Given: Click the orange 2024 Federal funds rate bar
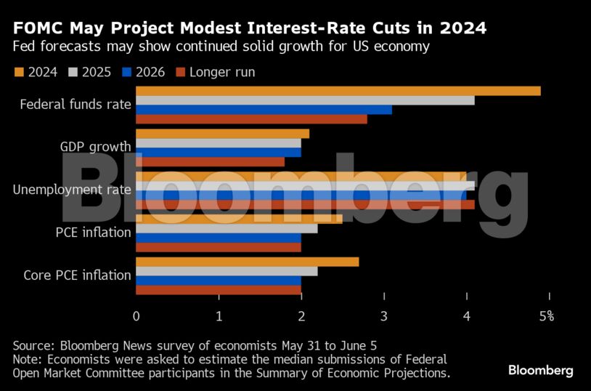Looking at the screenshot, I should [x=338, y=91].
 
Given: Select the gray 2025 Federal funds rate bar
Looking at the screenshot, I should [x=305, y=100].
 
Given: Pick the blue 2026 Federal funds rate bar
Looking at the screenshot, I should [x=264, y=110].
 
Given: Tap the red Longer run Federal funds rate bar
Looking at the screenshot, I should [x=251, y=119].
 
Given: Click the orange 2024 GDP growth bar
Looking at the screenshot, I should [x=222, y=134].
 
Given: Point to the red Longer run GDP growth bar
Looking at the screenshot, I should [x=210, y=161].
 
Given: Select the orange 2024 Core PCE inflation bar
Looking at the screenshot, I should [x=247, y=262].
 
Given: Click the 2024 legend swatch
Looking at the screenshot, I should [x=19, y=72].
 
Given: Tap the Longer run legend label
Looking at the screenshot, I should [x=221, y=72].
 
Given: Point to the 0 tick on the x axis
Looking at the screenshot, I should [x=136, y=316].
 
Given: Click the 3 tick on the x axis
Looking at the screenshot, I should [x=384, y=316].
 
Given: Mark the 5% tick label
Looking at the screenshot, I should [x=547, y=316].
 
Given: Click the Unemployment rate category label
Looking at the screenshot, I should [x=72, y=190].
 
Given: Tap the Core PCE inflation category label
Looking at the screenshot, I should [x=77, y=275].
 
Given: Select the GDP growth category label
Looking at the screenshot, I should [x=95, y=147].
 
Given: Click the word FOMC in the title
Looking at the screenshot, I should [x=36, y=28].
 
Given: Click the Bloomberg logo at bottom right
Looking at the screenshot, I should [x=540, y=371].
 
